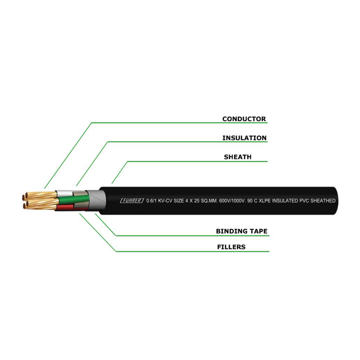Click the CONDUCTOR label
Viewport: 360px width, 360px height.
click(x=244, y=119)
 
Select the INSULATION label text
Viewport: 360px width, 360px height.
click(x=244, y=138)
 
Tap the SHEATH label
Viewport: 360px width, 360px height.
click(x=238, y=157)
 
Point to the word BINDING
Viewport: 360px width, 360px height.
click(x=231, y=231)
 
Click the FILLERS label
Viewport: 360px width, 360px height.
click(x=231, y=247)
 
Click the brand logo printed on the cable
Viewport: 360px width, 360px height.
click(x=132, y=201)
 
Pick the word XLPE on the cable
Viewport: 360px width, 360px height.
click(x=265, y=201)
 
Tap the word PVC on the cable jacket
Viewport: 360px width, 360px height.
click(x=305, y=201)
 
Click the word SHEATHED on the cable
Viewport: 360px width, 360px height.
click(x=323, y=201)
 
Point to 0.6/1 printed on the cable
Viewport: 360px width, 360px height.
click(x=152, y=201)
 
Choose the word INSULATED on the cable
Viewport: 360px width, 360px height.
click(x=285, y=201)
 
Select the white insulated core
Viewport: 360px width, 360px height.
click(x=64, y=193)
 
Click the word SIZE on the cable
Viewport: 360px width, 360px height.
click(x=179, y=201)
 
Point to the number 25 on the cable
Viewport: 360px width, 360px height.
click(x=197, y=201)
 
